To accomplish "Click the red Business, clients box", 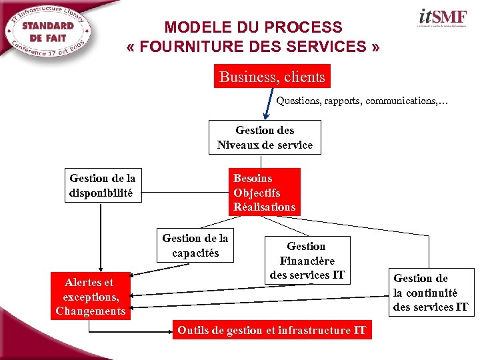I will coord(272,77).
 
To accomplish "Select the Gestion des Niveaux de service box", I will coord(265,137).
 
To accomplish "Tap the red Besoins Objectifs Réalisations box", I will coord(264,192).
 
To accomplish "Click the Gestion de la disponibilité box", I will coord(102,185).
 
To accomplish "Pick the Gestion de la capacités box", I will coord(195,245).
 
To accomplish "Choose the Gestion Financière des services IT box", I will coord(307,260).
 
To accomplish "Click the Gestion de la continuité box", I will coord(431,293).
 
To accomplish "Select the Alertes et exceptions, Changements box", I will coord(90,297).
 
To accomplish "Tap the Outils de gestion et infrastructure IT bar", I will coord(271,330).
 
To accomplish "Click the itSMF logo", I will coord(441,18).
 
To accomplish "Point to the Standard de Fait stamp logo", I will coord(49,32).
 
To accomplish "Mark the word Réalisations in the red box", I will coord(264,207).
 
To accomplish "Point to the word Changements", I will coord(90,311).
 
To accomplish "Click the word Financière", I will coord(307,261).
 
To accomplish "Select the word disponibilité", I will coord(101,193).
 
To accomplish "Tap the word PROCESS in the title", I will coord(303,28).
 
